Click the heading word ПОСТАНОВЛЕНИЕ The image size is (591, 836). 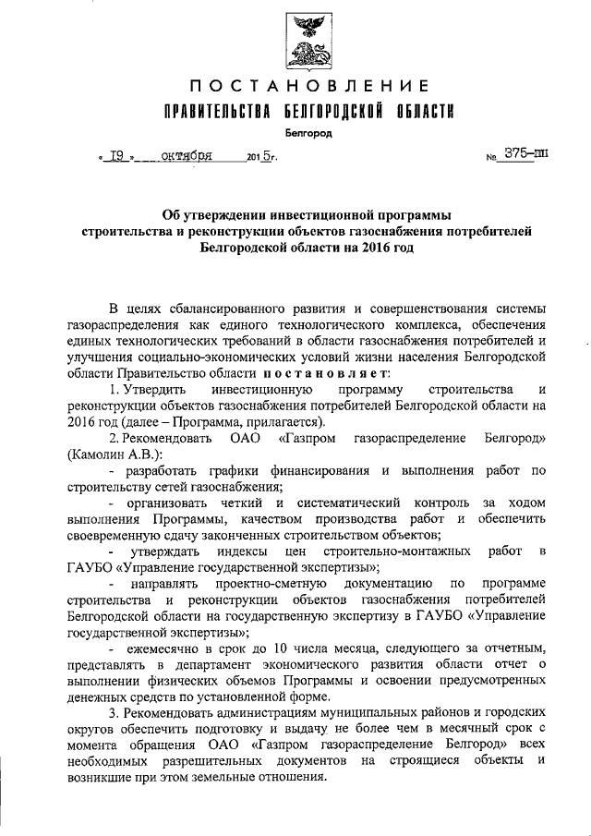pos(305,88)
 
